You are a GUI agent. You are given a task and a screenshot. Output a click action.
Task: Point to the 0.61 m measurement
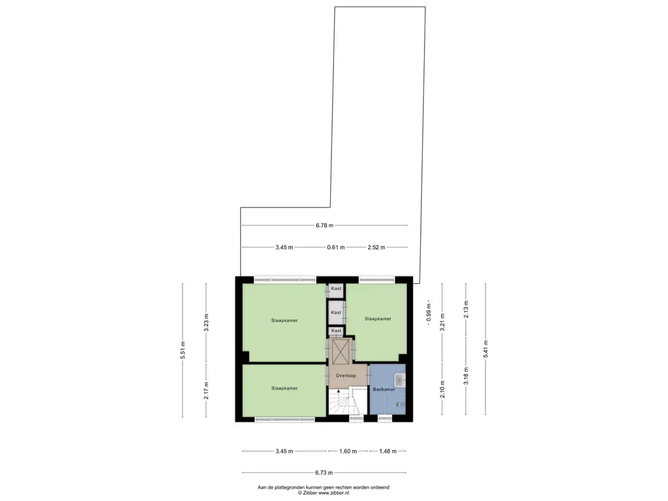[336, 247]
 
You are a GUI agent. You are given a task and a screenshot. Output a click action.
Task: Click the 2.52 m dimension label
[376, 247]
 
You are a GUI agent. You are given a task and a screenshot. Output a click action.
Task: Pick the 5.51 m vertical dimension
[183, 351]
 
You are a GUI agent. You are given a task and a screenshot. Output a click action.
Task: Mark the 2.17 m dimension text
[206, 389]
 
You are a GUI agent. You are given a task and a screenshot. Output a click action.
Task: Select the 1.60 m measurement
[348, 451]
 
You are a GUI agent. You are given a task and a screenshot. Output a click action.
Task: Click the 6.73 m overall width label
[324, 473]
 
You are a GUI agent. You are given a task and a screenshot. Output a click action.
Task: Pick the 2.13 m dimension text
[465, 307]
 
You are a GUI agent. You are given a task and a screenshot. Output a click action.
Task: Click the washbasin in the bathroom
[400, 376]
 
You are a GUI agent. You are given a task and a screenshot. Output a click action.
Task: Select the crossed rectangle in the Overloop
[341, 352]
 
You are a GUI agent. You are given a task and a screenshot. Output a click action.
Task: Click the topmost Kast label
[336, 288]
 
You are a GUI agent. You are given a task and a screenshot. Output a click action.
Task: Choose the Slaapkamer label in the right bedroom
[378, 319]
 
